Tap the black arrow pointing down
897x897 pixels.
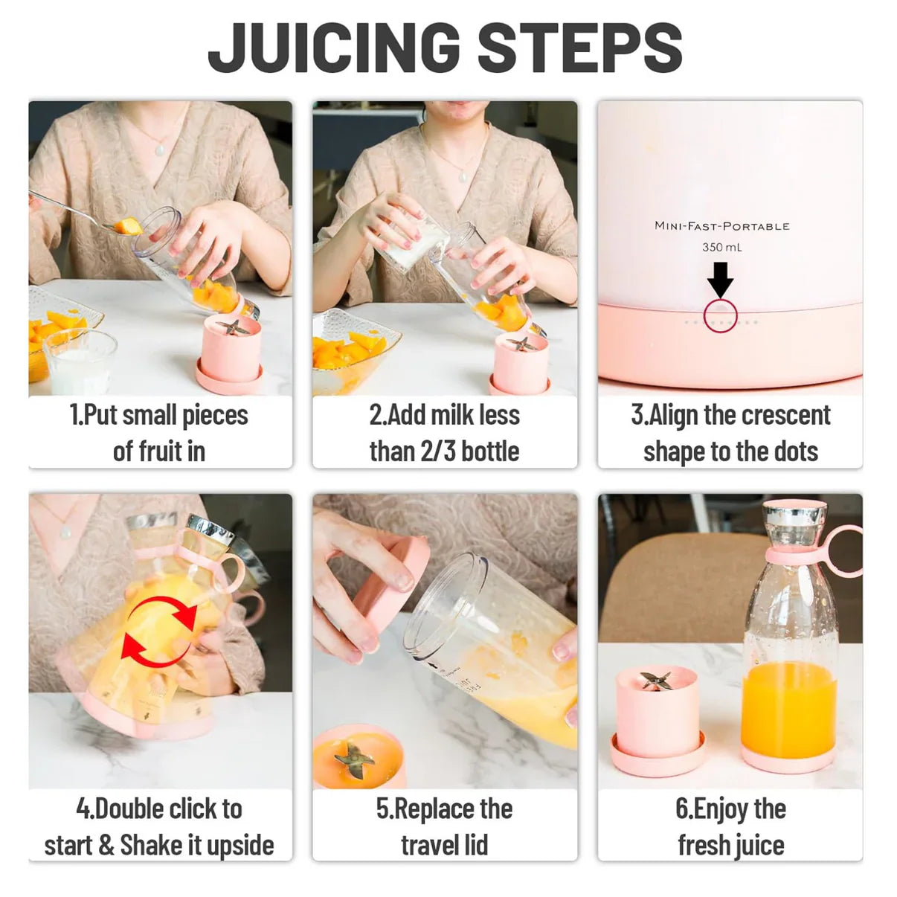click(720, 280)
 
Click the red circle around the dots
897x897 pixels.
click(720, 315)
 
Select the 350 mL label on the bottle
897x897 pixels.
click(721, 247)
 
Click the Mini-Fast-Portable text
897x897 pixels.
click(721, 226)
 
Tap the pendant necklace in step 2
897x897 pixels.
click(462, 176)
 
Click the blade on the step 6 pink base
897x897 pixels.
click(655, 679)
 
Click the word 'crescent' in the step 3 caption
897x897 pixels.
click(785, 415)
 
